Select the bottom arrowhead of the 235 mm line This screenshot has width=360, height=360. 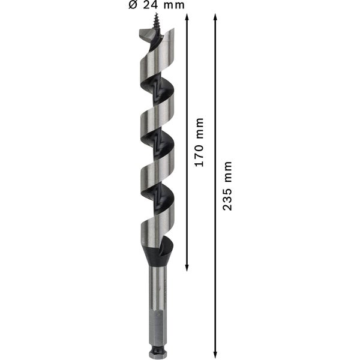pos(215,354)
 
